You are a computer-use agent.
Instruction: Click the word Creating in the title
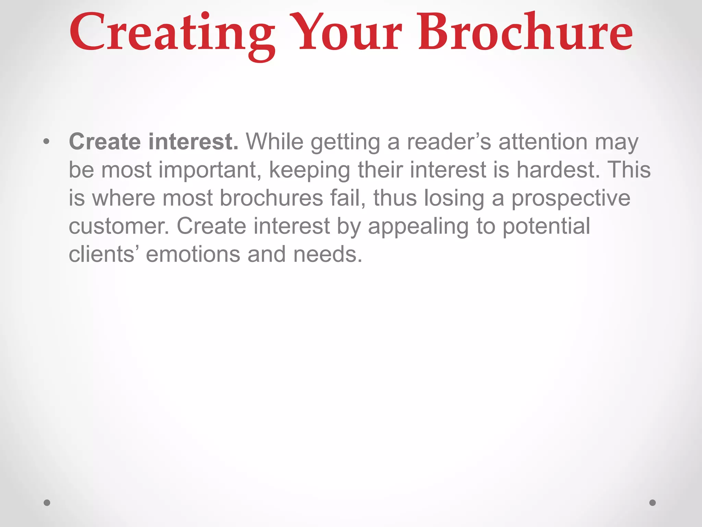point(171,34)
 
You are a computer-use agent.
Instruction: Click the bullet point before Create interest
point(47,142)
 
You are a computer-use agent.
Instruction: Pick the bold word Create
point(105,142)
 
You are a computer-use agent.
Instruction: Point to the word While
point(275,142)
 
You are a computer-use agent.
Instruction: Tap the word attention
point(543,142)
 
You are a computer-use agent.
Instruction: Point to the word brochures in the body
point(271,198)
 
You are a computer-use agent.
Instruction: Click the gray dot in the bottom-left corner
point(47,503)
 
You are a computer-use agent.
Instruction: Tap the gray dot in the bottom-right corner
point(653,503)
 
